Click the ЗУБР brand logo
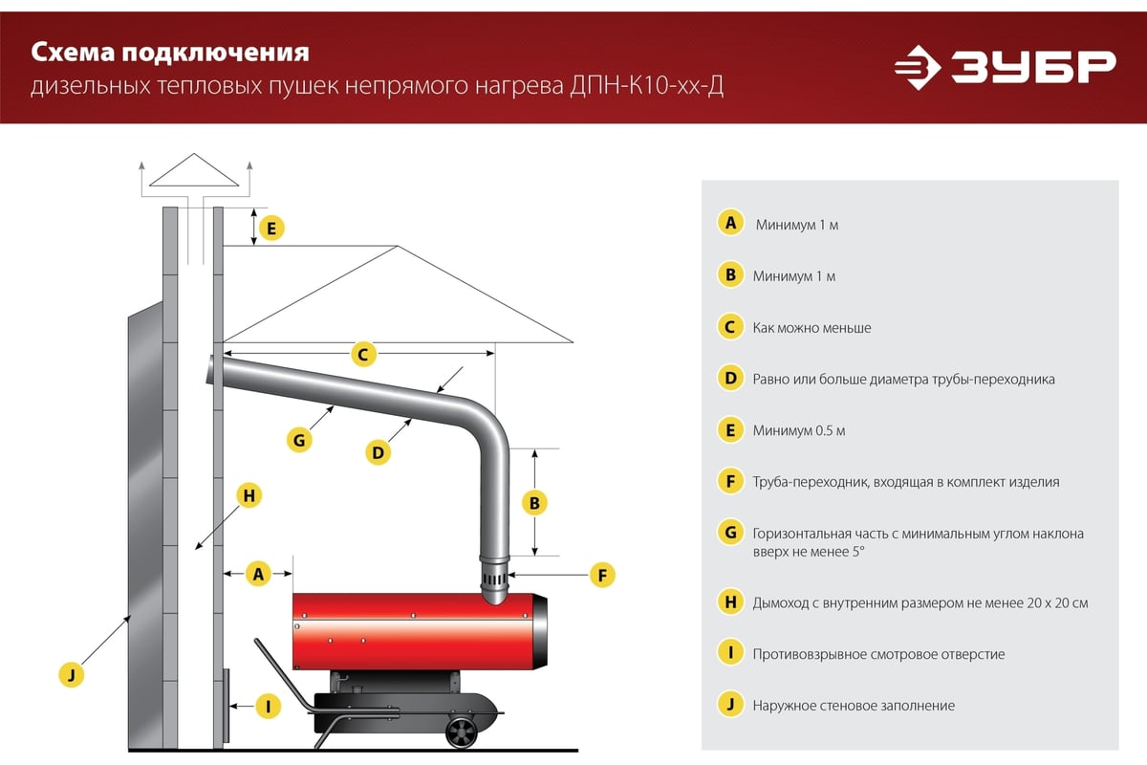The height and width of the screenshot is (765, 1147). (1006, 67)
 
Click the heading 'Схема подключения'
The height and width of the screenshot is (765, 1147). (170, 53)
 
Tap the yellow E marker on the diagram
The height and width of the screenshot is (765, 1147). (271, 228)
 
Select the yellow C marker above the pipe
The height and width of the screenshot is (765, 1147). (363, 354)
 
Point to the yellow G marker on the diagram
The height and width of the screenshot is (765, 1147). (299, 440)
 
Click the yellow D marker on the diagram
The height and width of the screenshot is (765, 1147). (378, 452)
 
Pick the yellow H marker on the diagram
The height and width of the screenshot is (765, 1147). (249, 495)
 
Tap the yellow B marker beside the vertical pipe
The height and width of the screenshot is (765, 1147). (534, 503)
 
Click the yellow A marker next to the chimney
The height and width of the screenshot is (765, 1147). (259, 574)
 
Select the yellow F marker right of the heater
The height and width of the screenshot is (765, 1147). (602, 575)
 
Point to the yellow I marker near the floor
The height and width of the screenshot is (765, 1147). (269, 707)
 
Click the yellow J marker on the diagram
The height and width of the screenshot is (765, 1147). (72, 674)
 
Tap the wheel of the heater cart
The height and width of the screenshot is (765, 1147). (462, 732)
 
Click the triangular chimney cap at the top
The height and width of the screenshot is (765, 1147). (194, 169)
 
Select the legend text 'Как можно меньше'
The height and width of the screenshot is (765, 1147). (812, 327)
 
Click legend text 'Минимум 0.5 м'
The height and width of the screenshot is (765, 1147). (799, 430)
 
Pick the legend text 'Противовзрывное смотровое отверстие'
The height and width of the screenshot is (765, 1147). (878, 654)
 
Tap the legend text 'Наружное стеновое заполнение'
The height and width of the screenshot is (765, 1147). (854, 706)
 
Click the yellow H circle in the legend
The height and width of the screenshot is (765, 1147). (730, 601)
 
